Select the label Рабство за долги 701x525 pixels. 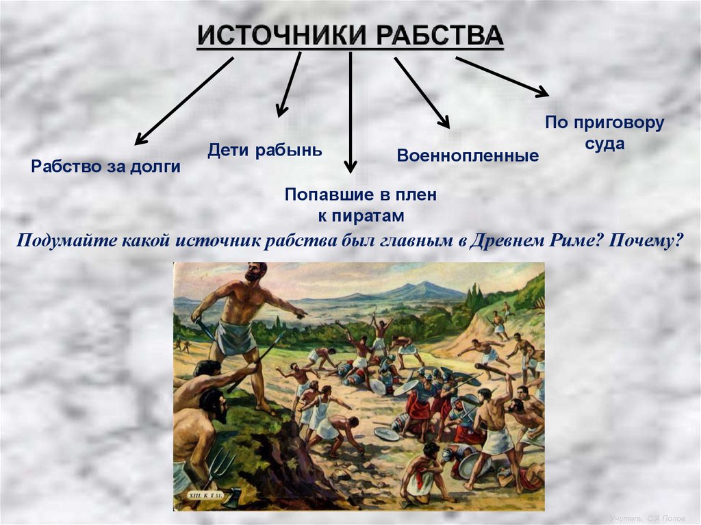[x=105, y=166]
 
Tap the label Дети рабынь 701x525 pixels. [x=264, y=150]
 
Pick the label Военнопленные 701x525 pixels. [x=468, y=155]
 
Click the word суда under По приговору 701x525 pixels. [x=604, y=144]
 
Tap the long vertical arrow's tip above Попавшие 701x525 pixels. [x=350, y=166]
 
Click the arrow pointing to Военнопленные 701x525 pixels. [x=422, y=92]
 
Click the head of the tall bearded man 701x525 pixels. [x=255, y=272]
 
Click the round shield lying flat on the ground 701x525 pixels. [x=387, y=433]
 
